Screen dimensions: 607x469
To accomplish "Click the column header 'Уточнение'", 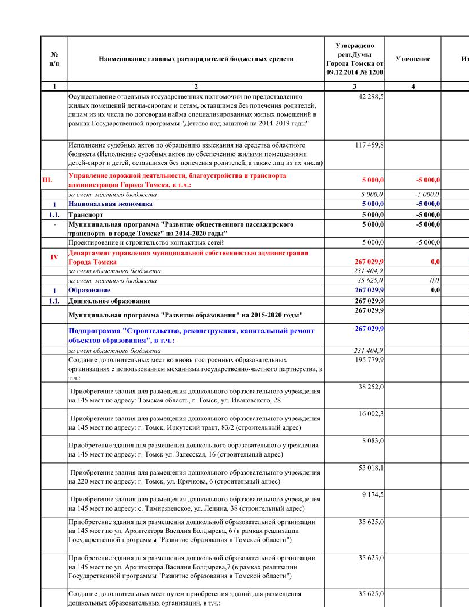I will [x=413, y=59].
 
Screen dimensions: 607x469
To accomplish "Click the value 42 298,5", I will [x=371, y=97].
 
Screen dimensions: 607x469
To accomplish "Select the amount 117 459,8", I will [x=369, y=145].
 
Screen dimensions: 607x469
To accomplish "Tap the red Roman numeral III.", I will [x=47, y=180].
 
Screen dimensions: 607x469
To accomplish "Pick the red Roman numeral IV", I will [x=54, y=257].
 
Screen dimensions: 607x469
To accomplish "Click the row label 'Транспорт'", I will [x=86, y=215].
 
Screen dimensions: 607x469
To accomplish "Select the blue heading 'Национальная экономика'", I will [x=110, y=204].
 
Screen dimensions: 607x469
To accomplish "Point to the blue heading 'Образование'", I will [x=89, y=290].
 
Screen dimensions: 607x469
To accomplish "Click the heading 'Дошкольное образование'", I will [x=109, y=301].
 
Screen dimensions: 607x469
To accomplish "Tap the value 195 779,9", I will [x=369, y=360].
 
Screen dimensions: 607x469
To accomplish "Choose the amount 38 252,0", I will [x=371, y=387].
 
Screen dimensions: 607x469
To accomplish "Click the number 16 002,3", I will [x=371, y=414].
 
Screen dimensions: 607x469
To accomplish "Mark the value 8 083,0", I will [x=373, y=441].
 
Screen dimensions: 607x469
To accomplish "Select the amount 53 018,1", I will [x=371, y=468].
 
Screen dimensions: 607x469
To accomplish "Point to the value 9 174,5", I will [x=373, y=495].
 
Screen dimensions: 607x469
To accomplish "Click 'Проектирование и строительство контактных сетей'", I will [x=146, y=242].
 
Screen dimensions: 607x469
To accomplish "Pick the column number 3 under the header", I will [x=355, y=86].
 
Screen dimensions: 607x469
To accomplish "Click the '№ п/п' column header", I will [x=54, y=59].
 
